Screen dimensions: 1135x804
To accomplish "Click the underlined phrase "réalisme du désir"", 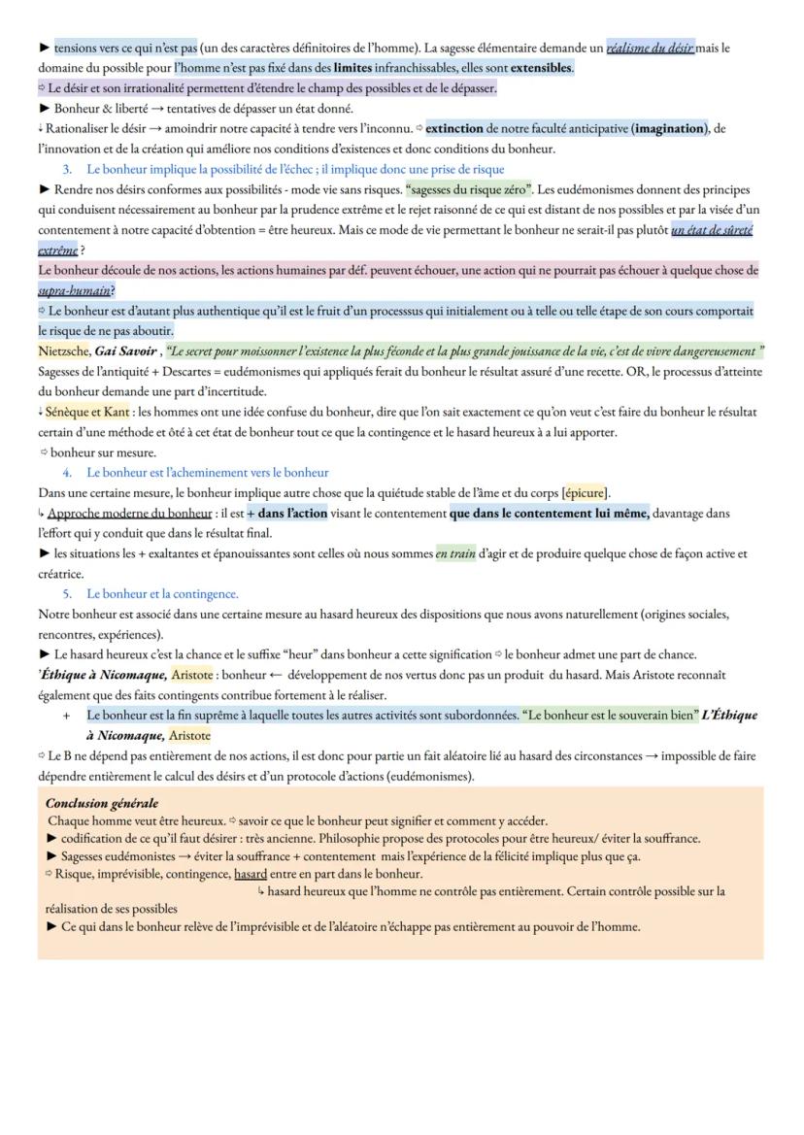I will click(651, 48).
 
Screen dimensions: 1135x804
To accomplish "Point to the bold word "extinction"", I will click(460, 128).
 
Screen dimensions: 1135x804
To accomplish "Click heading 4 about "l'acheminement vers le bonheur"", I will click(207, 473).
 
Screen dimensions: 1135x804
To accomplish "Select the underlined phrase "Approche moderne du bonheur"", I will click(129, 513).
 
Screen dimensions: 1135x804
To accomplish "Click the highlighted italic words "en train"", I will click(455, 554).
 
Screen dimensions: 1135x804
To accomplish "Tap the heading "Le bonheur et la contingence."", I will click(162, 593).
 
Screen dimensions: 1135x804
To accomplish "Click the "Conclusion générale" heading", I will click(102, 803).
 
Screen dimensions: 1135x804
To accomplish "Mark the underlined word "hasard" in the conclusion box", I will click(251, 874).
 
